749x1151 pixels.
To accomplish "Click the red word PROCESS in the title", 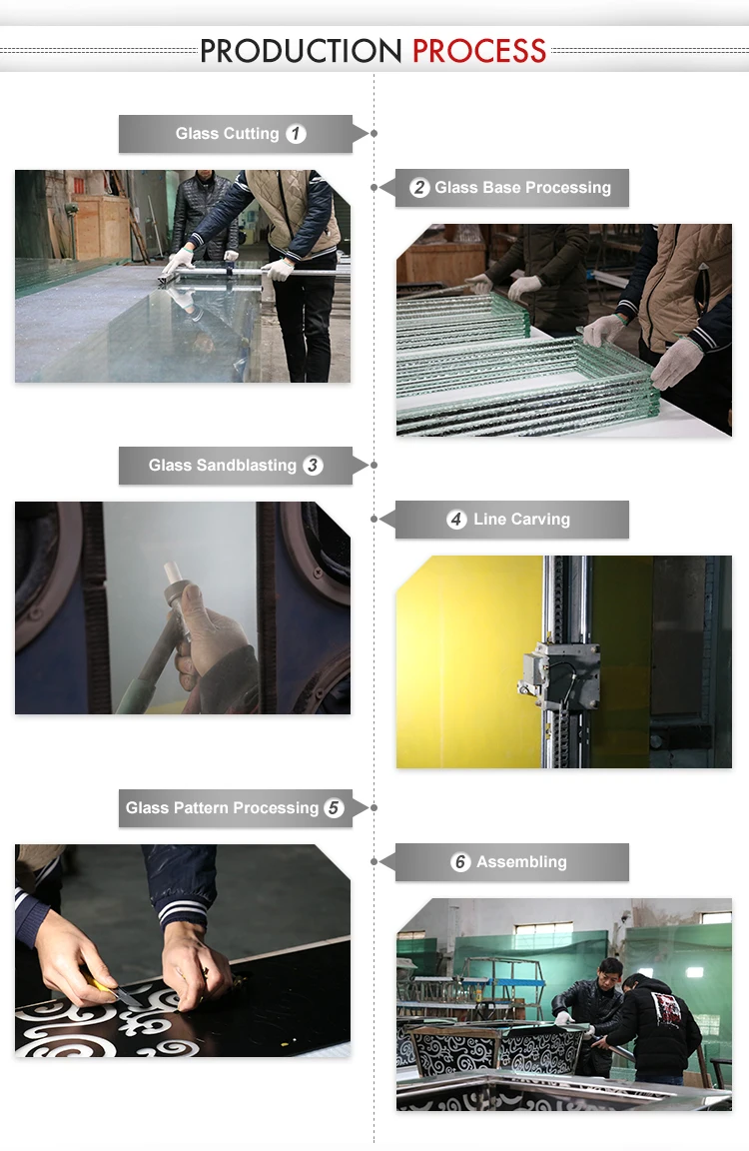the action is click(x=479, y=51).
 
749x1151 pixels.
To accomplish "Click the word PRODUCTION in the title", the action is click(x=302, y=51).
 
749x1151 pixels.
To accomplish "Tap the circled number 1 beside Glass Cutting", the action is click(x=296, y=134).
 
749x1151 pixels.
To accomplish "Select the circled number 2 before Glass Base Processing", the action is click(x=419, y=187).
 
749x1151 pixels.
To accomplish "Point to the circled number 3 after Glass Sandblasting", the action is click(x=314, y=466).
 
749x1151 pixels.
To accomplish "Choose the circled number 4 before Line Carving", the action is click(x=456, y=520).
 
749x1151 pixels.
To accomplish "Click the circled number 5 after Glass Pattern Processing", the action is click(x=334, y=808).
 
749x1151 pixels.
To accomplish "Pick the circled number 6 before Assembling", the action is click(x=460, y=862).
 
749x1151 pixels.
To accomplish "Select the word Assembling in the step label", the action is click(x=521, y=862).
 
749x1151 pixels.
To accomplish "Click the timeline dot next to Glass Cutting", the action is click(x=374, y=134).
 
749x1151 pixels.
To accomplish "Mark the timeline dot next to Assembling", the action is click(x=374, y=862).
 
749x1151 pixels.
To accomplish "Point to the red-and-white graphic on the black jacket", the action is click(x=665, y=1008).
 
